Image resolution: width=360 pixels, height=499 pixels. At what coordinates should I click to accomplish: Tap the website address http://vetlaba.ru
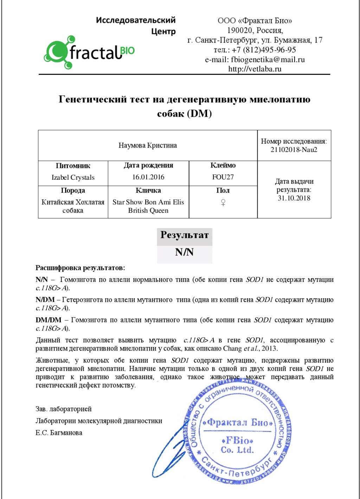pyautogui.click(x=255, y=69)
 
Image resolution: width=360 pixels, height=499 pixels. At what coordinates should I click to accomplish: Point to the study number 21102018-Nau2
pyautogui.click(x=294, y=150)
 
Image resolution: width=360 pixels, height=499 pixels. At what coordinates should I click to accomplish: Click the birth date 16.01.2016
pyautogui.click(x=148, y=177)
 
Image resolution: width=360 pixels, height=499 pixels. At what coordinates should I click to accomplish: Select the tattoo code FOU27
pyautogui.click(x=223, y=177)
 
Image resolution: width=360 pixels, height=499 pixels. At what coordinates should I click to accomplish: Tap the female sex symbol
pyautogui.click(x=223, y=203)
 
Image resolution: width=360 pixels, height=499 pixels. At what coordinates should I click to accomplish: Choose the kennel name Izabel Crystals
pyautogui.click(x=73, y=178)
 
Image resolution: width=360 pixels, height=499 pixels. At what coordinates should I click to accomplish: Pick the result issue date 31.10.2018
pyautogui.click(x=294, y=198)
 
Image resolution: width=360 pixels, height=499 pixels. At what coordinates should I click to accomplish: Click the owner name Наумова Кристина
pyautogui.click(x=148, y=146)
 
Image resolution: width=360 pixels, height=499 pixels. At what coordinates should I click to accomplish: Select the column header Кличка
pyautogui.click(x=148, y=191)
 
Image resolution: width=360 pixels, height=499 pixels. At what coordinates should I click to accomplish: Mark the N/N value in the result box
pyautogui.click(x=184, y=252)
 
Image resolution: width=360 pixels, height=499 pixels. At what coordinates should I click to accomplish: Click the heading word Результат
pyautogui.click(x=184, y=235)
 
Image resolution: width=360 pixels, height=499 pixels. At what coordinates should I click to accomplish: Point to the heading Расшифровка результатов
pyautogui.click(x=80, y=268)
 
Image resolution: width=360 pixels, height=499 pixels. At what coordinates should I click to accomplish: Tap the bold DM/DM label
pyautogui.click(x=49, y=320)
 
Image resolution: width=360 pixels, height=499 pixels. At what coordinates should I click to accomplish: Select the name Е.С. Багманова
pyautogui.click(x=59, y=433)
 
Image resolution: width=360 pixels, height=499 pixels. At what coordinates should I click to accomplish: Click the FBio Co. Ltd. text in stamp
pyautogui.click(x=237, y=445)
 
